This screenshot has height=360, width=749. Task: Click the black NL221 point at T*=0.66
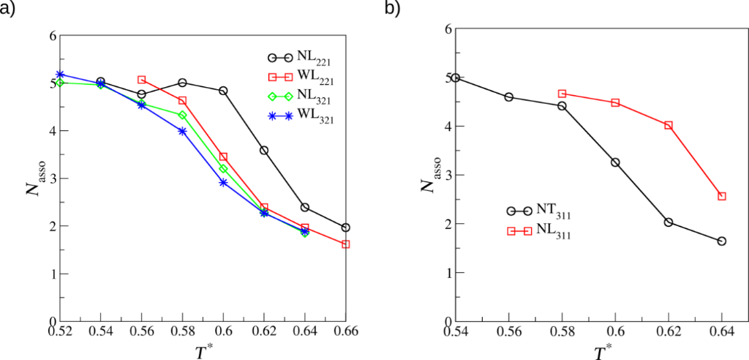345,228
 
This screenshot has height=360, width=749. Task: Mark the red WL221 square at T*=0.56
141,79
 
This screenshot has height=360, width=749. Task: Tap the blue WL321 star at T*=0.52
60,75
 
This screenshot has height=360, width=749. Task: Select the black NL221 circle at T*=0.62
264,150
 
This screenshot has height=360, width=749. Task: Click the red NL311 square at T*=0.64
722,196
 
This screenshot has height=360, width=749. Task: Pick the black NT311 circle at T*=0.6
615,162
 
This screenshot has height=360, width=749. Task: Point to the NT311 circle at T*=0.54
455,78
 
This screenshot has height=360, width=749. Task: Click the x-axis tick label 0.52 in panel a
60,333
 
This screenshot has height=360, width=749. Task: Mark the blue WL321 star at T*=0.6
223,182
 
